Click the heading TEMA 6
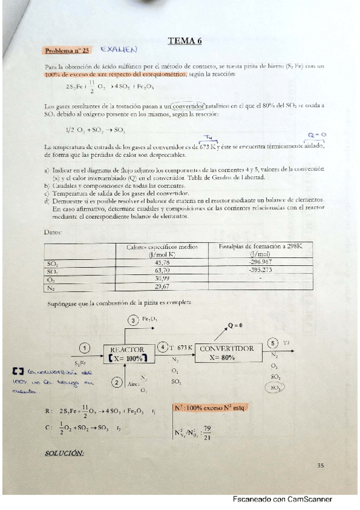coord(185,41)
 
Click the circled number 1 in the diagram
coord(85,348)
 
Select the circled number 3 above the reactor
coord(134,322)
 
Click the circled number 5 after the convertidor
coord(273,343)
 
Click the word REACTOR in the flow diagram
coord(127,349)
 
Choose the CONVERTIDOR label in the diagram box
coord(226,348)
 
